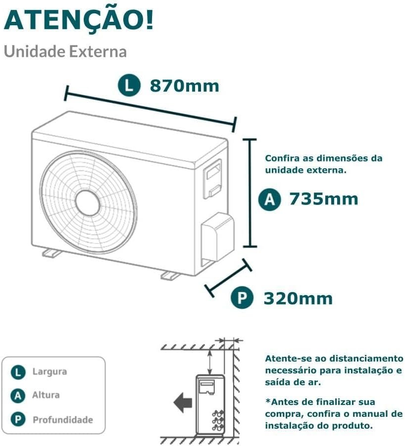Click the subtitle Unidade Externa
tap(65, 51)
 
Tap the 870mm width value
tap(184, 86)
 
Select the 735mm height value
tap(324, 198)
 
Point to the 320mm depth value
tap(298, 298)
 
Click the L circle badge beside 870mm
tap(129, 85)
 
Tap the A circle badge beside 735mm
tap(269, 199)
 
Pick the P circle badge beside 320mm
tap(242, 298)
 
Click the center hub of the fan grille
tap(88, 202)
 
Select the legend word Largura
tap(50, 371)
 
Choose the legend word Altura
tap(46, 395)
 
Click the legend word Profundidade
tap(62, 420)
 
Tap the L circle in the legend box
tap(18, 372)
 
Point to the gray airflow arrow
tap(183, 402)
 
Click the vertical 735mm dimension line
tap(250, 193)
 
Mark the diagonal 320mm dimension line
tap(228, 278)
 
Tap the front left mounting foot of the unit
tap(51, 253)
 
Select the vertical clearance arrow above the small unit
tap(210, 362)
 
